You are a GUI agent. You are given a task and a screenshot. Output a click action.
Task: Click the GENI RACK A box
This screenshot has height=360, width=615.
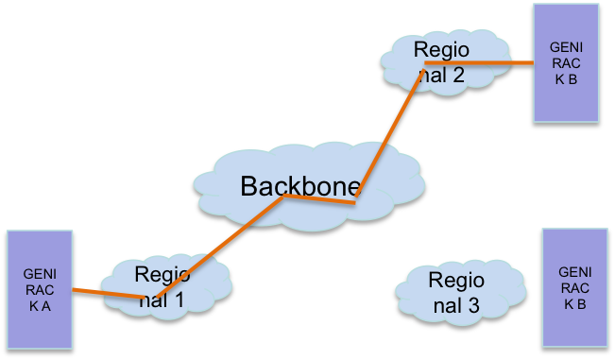40,288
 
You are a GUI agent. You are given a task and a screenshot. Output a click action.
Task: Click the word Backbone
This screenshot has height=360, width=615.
295,186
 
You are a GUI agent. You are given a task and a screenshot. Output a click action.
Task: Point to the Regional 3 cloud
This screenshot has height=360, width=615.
455,293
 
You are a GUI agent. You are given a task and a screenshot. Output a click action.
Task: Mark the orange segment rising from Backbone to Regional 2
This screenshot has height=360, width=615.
390,132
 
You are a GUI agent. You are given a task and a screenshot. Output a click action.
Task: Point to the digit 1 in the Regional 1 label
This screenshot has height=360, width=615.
179,302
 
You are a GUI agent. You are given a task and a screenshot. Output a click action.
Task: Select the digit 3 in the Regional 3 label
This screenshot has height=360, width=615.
474,306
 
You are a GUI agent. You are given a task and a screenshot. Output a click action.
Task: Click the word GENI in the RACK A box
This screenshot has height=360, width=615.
40,273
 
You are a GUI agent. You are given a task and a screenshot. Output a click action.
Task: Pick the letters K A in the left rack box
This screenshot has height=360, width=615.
40,305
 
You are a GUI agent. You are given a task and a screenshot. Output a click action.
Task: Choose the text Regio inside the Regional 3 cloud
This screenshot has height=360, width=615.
455,281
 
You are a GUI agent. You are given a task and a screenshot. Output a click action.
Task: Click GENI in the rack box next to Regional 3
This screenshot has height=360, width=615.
575,272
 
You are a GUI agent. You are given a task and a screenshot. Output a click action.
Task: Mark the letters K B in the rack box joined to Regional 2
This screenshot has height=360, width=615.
567,78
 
